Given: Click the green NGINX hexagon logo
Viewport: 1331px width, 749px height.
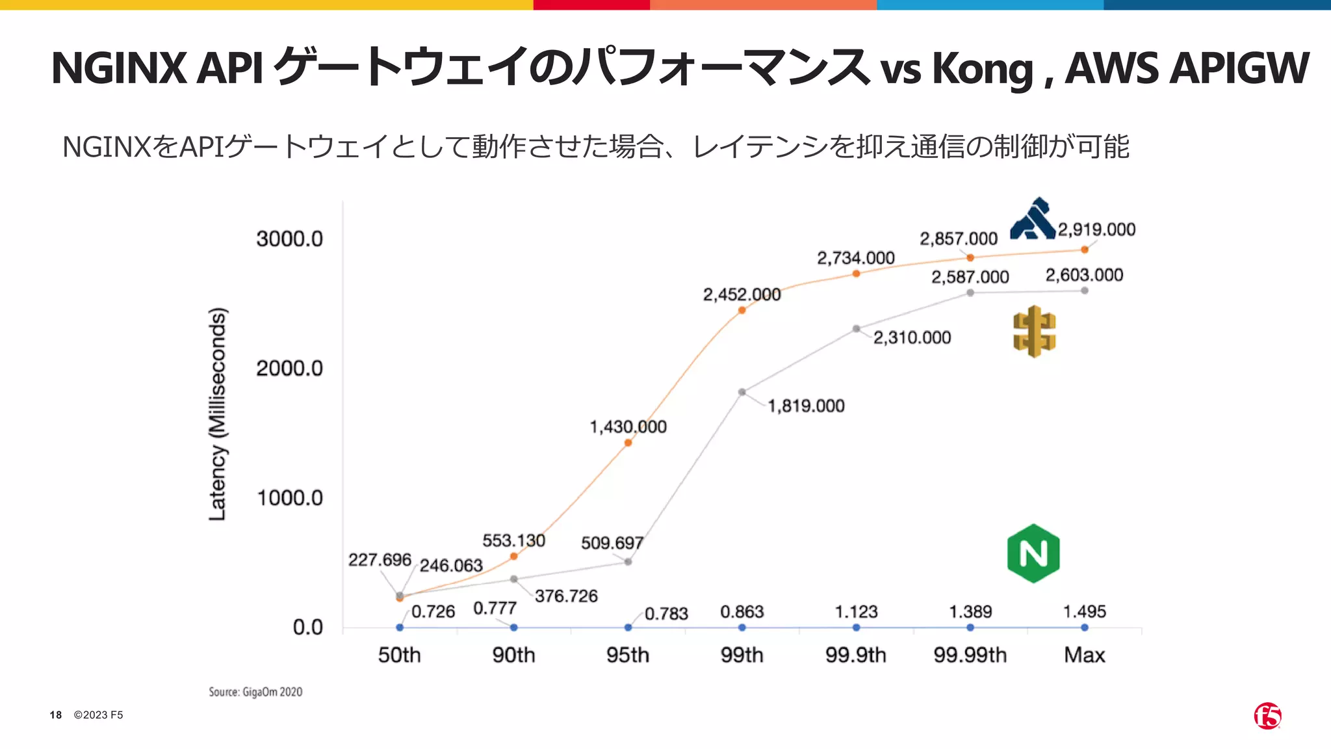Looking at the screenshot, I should point(1033,553).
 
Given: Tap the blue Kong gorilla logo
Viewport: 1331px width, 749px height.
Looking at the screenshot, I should point(1033,219).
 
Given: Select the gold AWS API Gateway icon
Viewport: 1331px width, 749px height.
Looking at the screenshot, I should point(1034,332).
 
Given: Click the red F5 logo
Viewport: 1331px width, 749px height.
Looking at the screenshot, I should point(1267,716).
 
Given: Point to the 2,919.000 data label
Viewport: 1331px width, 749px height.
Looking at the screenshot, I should point(1096,230).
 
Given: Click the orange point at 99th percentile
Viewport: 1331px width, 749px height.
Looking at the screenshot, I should point(742,310).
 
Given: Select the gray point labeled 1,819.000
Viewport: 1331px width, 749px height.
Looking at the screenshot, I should point(742,392).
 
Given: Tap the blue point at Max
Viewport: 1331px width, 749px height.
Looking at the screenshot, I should point(1085,627).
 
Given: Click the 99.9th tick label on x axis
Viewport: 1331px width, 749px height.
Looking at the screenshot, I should point(856,655).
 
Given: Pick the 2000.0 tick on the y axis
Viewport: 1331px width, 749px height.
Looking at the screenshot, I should point(289,369).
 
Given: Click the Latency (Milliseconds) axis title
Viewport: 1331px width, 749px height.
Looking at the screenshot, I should point(217,414).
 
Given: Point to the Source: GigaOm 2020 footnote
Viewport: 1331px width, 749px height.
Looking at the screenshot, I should point(255,692).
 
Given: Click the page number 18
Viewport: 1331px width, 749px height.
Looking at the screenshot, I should point(56,715).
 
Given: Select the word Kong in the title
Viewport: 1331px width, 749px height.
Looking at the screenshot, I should point(982,68).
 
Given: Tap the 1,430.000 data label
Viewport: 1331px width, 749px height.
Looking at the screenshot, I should point(628,427).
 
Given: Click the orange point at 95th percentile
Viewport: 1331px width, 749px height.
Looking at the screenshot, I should point(628,443).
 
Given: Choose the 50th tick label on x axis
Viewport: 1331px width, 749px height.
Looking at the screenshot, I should point(399,655).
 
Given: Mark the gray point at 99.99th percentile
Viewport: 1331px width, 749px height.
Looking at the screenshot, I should point(970,293).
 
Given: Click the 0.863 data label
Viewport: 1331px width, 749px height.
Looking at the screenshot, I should point(742,612).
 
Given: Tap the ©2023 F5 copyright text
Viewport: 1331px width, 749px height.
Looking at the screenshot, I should point(98,715).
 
